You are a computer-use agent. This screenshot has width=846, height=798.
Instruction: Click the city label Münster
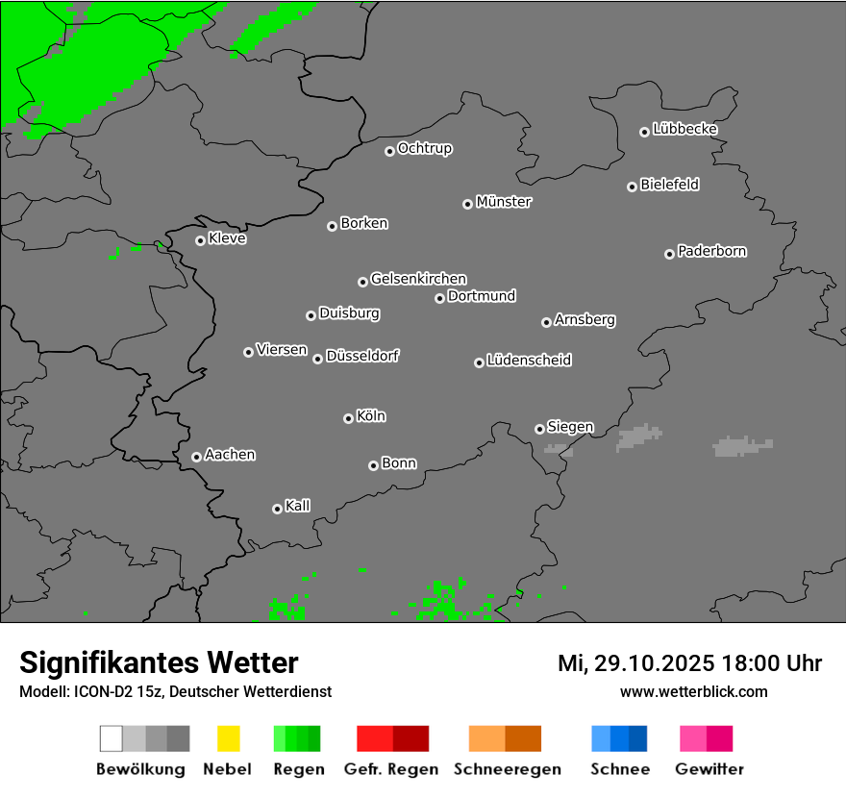(504, 202)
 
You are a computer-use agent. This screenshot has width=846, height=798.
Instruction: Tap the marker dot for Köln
(348, 418)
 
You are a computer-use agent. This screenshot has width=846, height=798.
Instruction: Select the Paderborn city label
(712, 251)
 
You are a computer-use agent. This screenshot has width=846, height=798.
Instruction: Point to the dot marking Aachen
(196, 457)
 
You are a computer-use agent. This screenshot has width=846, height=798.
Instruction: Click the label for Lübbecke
(685, 129)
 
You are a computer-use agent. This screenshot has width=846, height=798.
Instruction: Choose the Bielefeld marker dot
(632, 187)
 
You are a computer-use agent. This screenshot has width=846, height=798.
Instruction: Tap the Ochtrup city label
(425, 148)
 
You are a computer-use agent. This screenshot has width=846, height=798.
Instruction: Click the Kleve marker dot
(200, 240)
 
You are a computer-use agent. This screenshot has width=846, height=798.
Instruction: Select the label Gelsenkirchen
(418, 279)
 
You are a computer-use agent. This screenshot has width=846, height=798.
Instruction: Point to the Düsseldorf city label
(362, 356)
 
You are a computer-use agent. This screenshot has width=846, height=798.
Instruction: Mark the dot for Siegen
(539, 429)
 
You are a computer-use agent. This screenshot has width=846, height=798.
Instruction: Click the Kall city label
(298, 506)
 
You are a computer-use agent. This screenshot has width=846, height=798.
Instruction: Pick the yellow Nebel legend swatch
(228, 738)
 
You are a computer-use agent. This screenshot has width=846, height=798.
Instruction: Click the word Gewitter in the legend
(709, 769)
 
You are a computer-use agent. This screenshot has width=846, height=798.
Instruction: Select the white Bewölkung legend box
(112, 738)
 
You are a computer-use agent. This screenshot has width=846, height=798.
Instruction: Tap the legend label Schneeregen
(507, 769)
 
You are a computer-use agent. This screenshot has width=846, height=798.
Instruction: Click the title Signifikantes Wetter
(159, 662)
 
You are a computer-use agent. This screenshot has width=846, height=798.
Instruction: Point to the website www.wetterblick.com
(693, 691)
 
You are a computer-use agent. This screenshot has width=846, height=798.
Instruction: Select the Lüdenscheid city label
(529, 361)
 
